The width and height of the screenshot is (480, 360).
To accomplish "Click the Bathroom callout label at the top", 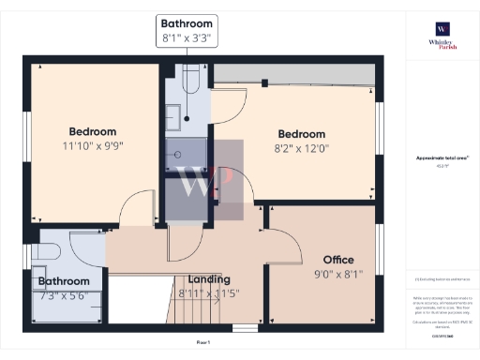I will pos(187,22).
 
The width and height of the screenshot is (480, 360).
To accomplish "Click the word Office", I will pos(338,259).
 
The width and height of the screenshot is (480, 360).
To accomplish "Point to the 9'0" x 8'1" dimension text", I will pos(337,274).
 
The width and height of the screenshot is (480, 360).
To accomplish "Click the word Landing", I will pos(209,279).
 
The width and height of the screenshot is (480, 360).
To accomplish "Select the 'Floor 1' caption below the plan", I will pos(203,343).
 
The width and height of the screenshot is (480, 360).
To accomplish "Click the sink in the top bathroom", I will pos(174,116).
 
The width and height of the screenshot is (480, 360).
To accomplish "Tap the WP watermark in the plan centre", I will pos(204,180).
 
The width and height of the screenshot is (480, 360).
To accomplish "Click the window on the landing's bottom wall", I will pos(245,328).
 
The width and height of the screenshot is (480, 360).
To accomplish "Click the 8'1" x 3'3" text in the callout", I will pos(187,39).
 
